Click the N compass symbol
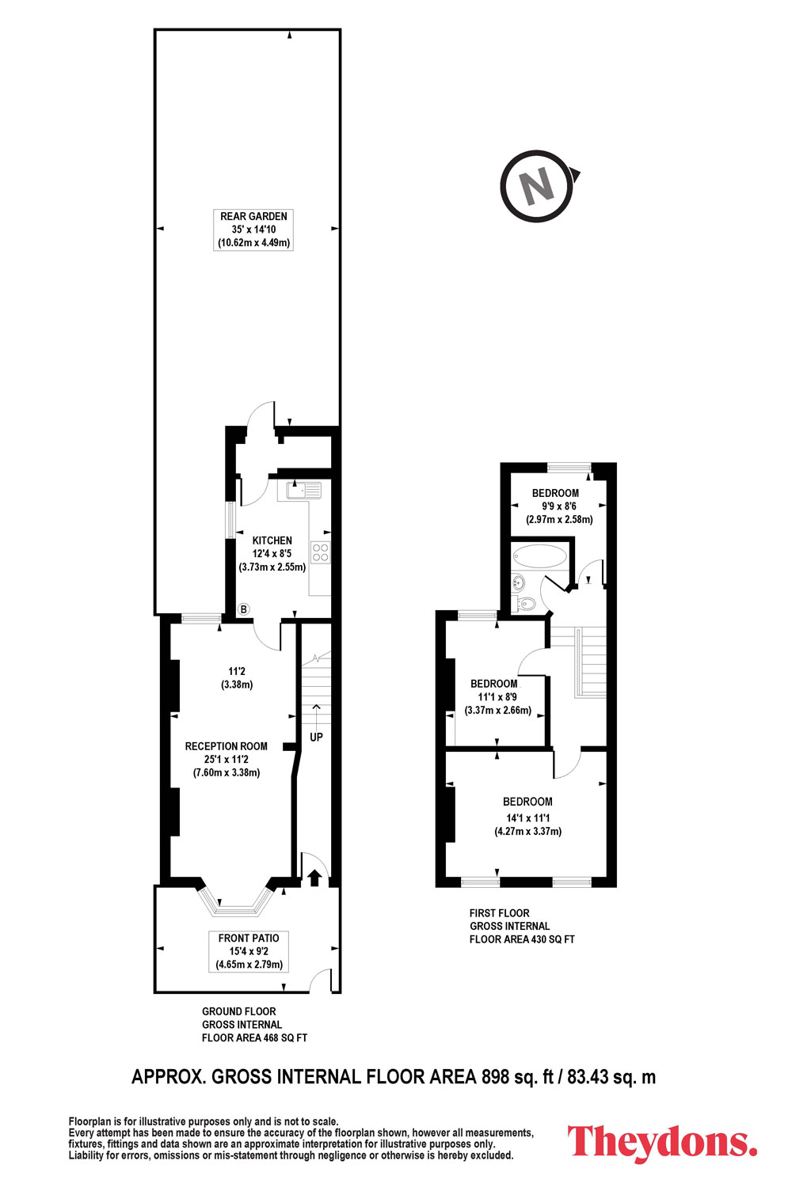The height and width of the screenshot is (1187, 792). point(539,186)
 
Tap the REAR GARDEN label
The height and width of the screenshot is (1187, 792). point(253,216)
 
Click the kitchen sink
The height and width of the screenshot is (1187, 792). point(303,490)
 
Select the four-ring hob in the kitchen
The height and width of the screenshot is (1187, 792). point(321,552)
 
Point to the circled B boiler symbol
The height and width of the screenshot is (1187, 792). point(243,609)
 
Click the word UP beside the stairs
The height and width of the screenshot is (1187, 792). point(316,737)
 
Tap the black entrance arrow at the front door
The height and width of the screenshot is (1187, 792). point(314,878)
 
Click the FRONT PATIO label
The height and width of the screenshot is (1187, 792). point(248,938)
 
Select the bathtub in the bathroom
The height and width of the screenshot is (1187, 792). point(539,556)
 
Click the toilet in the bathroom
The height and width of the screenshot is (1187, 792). point(524,603)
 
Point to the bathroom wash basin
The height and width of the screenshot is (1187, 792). point(518,583)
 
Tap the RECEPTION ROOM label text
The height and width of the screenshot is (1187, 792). point(226,746)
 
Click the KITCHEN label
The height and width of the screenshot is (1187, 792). point(272,540)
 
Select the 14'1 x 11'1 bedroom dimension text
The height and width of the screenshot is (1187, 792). point(527,817)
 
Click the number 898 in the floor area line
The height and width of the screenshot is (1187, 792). point(496,1077)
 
